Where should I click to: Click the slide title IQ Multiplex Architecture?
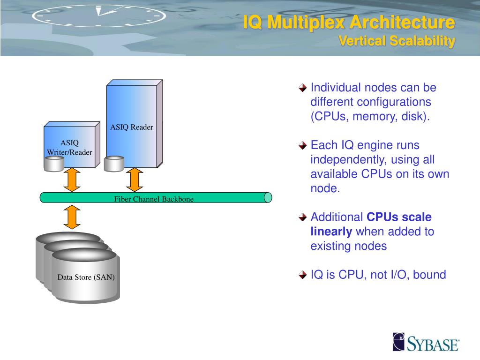[x=349, y=22]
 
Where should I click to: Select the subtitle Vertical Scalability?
[x=397, y=41]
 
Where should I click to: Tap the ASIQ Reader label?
[x=132, y=127]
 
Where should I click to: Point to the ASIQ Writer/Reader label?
[x=69, y=148]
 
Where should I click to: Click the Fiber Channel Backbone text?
[x=154, y=199]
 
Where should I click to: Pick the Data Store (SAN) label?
[x=86, y=277]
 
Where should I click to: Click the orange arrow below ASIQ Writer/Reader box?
[x=72, y=180]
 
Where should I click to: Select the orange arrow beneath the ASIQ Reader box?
[x=134, y=180]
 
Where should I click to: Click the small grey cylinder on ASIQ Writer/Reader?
[x=54, y=163]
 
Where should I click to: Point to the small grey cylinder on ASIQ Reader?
[x=114, y=164]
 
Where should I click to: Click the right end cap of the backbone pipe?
[x=268, y=197]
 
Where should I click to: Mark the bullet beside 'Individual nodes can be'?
[x=303, y=88]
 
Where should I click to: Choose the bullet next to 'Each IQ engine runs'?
[x=303, y=145]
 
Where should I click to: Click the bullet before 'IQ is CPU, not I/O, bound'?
[x=303, y=275]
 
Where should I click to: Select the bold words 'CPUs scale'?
[x=399, y=217]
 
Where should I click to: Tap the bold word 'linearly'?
[x=331, y=232]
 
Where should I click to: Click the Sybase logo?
[x=426, y=342]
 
